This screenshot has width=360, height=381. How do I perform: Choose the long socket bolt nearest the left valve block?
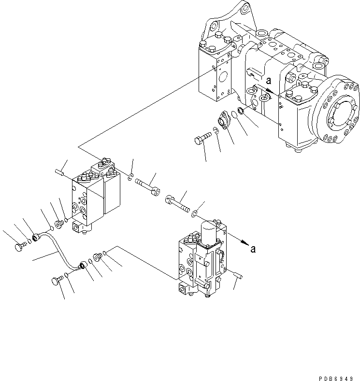[x=145, y=186]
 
